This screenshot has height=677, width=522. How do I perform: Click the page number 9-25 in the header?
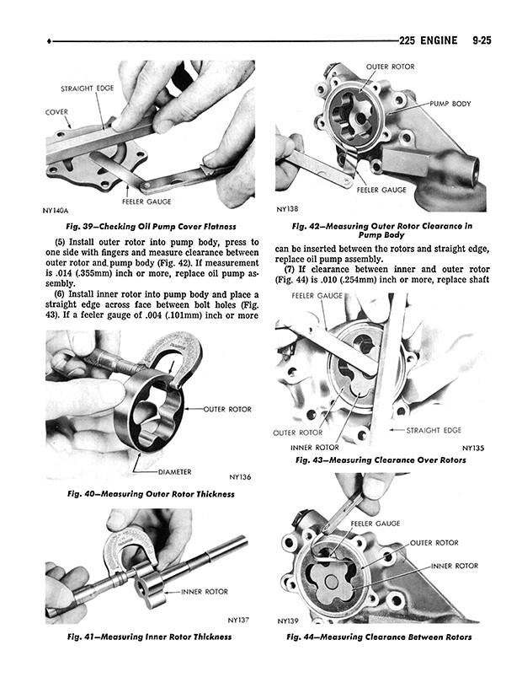click(482, 40)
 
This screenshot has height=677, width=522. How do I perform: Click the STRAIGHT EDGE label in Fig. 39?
click(87, 88)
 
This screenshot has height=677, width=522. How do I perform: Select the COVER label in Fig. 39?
click(57, 112)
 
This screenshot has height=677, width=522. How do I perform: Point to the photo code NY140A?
click(56, 211)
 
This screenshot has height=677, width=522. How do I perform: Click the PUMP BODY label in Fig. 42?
click(450, 104)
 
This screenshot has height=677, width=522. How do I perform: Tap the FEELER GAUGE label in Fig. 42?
click(381, 190)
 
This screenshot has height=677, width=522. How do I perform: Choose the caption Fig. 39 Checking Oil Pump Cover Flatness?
click(151, 226)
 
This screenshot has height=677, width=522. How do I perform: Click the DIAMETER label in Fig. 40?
click(174, 472)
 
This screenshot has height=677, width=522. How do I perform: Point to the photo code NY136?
click(240, 477)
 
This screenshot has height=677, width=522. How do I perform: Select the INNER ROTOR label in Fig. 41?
click(205, 592)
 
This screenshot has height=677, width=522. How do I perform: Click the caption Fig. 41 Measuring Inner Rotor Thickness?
click(149, 637)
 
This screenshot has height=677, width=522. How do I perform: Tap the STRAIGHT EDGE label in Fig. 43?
click(434, 430)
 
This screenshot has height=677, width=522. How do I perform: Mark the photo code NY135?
click(473, 448)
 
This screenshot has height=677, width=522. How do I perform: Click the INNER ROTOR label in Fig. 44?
click(455, 566)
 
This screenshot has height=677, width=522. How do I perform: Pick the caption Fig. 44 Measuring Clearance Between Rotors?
click(379, 637)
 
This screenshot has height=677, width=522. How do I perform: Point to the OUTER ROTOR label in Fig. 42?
click(390, 67)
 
